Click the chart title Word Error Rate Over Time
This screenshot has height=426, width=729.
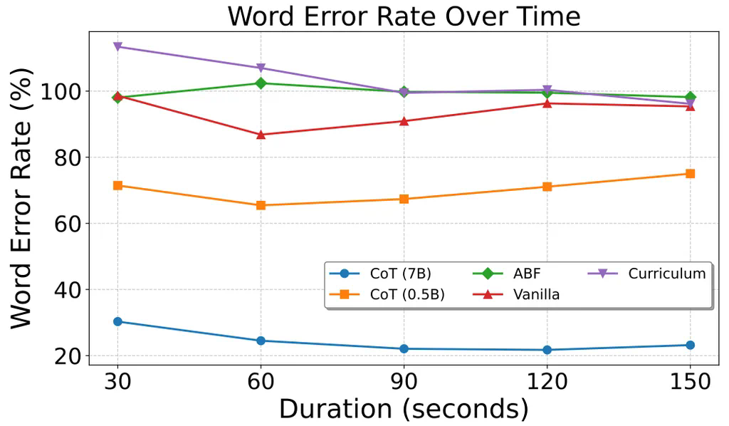click(x=403, y=16)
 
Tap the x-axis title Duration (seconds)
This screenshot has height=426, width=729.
click(x=403, y=408)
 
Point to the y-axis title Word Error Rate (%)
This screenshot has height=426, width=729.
click(x=21, y=199)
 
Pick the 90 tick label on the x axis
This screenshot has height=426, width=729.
click(x=404, y=381)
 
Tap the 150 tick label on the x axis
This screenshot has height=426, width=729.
click(x=689, y=381)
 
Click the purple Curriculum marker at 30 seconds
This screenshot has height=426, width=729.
click(x=117, y=47)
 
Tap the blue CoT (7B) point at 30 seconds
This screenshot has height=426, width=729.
click(x=117, y=321)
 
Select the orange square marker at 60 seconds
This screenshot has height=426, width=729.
click(x=261, y=205)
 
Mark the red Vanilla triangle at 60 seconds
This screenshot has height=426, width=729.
click(x=261, y=134)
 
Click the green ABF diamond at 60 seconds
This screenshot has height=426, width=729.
click(x=261, y=83)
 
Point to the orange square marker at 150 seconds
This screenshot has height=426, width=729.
click(x=690, y=173)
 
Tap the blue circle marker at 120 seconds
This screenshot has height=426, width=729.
click(x=547, y=350)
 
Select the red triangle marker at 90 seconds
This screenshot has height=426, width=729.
click(x=404, y=121)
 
